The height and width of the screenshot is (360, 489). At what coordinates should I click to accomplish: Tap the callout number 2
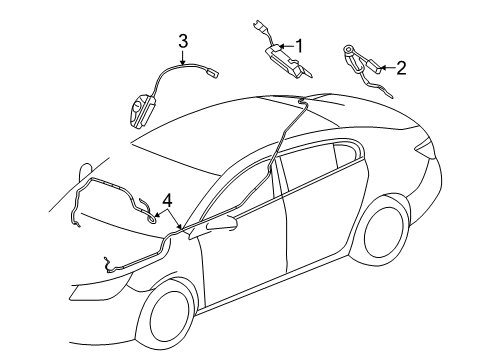(x=401, y=68)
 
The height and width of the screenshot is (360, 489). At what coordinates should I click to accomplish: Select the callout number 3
(x=183, y=41)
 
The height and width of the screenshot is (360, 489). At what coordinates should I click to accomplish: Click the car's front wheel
(x=167, y=317)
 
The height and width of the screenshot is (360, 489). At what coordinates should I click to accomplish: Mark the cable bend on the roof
(x=300, y=103)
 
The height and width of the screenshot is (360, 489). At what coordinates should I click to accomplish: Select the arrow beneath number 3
(x=183, y=58)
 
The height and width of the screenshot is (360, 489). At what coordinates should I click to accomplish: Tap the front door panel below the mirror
(x=240, y=270)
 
